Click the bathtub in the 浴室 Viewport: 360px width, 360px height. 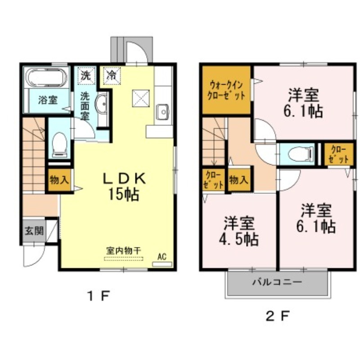[x=47, y=78]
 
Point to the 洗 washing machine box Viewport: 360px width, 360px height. [x=85, y=75]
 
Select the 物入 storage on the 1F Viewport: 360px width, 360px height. [x=59, y=180]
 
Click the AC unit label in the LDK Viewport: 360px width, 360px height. [x=162, y=258]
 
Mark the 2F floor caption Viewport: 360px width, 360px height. [x=278, y=315]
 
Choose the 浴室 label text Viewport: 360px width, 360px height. [x=47, y=100]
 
